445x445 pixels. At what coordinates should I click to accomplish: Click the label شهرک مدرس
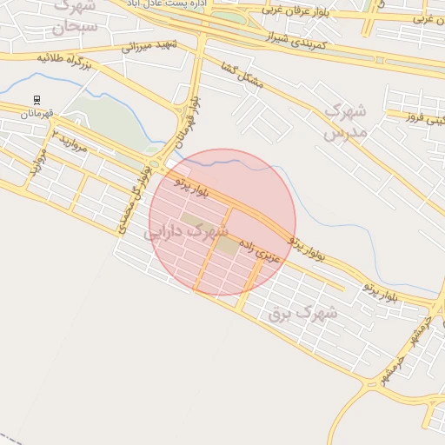[x=345, y=122]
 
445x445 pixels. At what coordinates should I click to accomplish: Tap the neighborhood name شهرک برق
[x=302, y=314]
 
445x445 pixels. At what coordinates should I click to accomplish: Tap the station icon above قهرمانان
[x=37, y=100]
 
